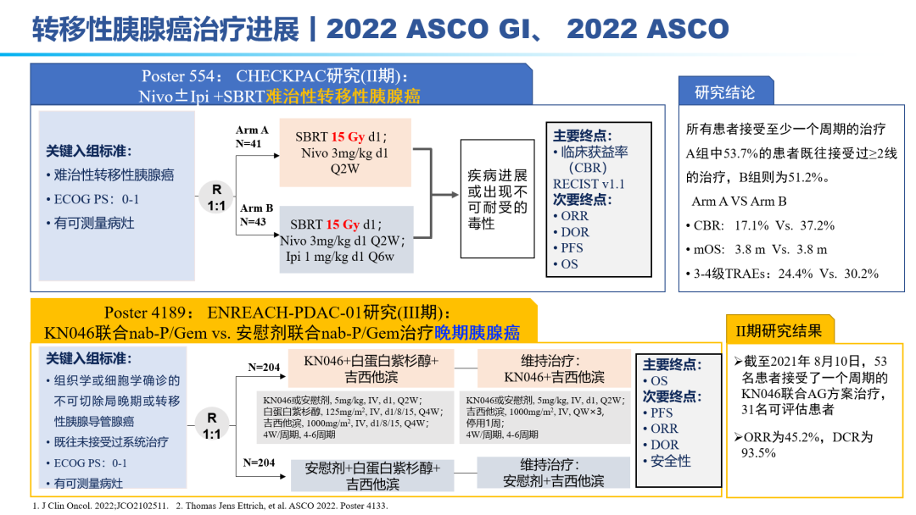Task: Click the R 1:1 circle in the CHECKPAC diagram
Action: tap(216, 197)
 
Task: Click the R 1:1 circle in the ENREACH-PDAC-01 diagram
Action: tap(211, 425)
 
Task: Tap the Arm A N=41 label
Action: tap(252, 136)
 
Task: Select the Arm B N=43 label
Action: tap(256, 214)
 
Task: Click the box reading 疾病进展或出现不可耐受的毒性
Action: tap(497, 198)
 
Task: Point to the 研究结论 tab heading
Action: tap(725, 92)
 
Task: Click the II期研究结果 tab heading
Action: tap(779, 331)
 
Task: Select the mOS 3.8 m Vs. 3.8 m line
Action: tap(757, 250)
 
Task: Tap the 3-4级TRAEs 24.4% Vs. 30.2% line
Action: tap(782, 274)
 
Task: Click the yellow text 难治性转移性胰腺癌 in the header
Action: tap(343, 96)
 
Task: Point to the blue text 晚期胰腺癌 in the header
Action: tap(477, 332)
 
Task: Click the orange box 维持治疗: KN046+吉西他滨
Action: tap(554, 368)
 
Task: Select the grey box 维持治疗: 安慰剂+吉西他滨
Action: tap(554, 473)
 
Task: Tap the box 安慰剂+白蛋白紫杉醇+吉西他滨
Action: tap(372, 476)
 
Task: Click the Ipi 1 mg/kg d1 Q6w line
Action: tap(340, 257)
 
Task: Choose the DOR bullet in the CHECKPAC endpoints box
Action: tap(571, 231)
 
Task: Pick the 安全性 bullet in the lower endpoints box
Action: tap(667, 462)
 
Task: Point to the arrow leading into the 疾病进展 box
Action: tap(446, 195)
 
